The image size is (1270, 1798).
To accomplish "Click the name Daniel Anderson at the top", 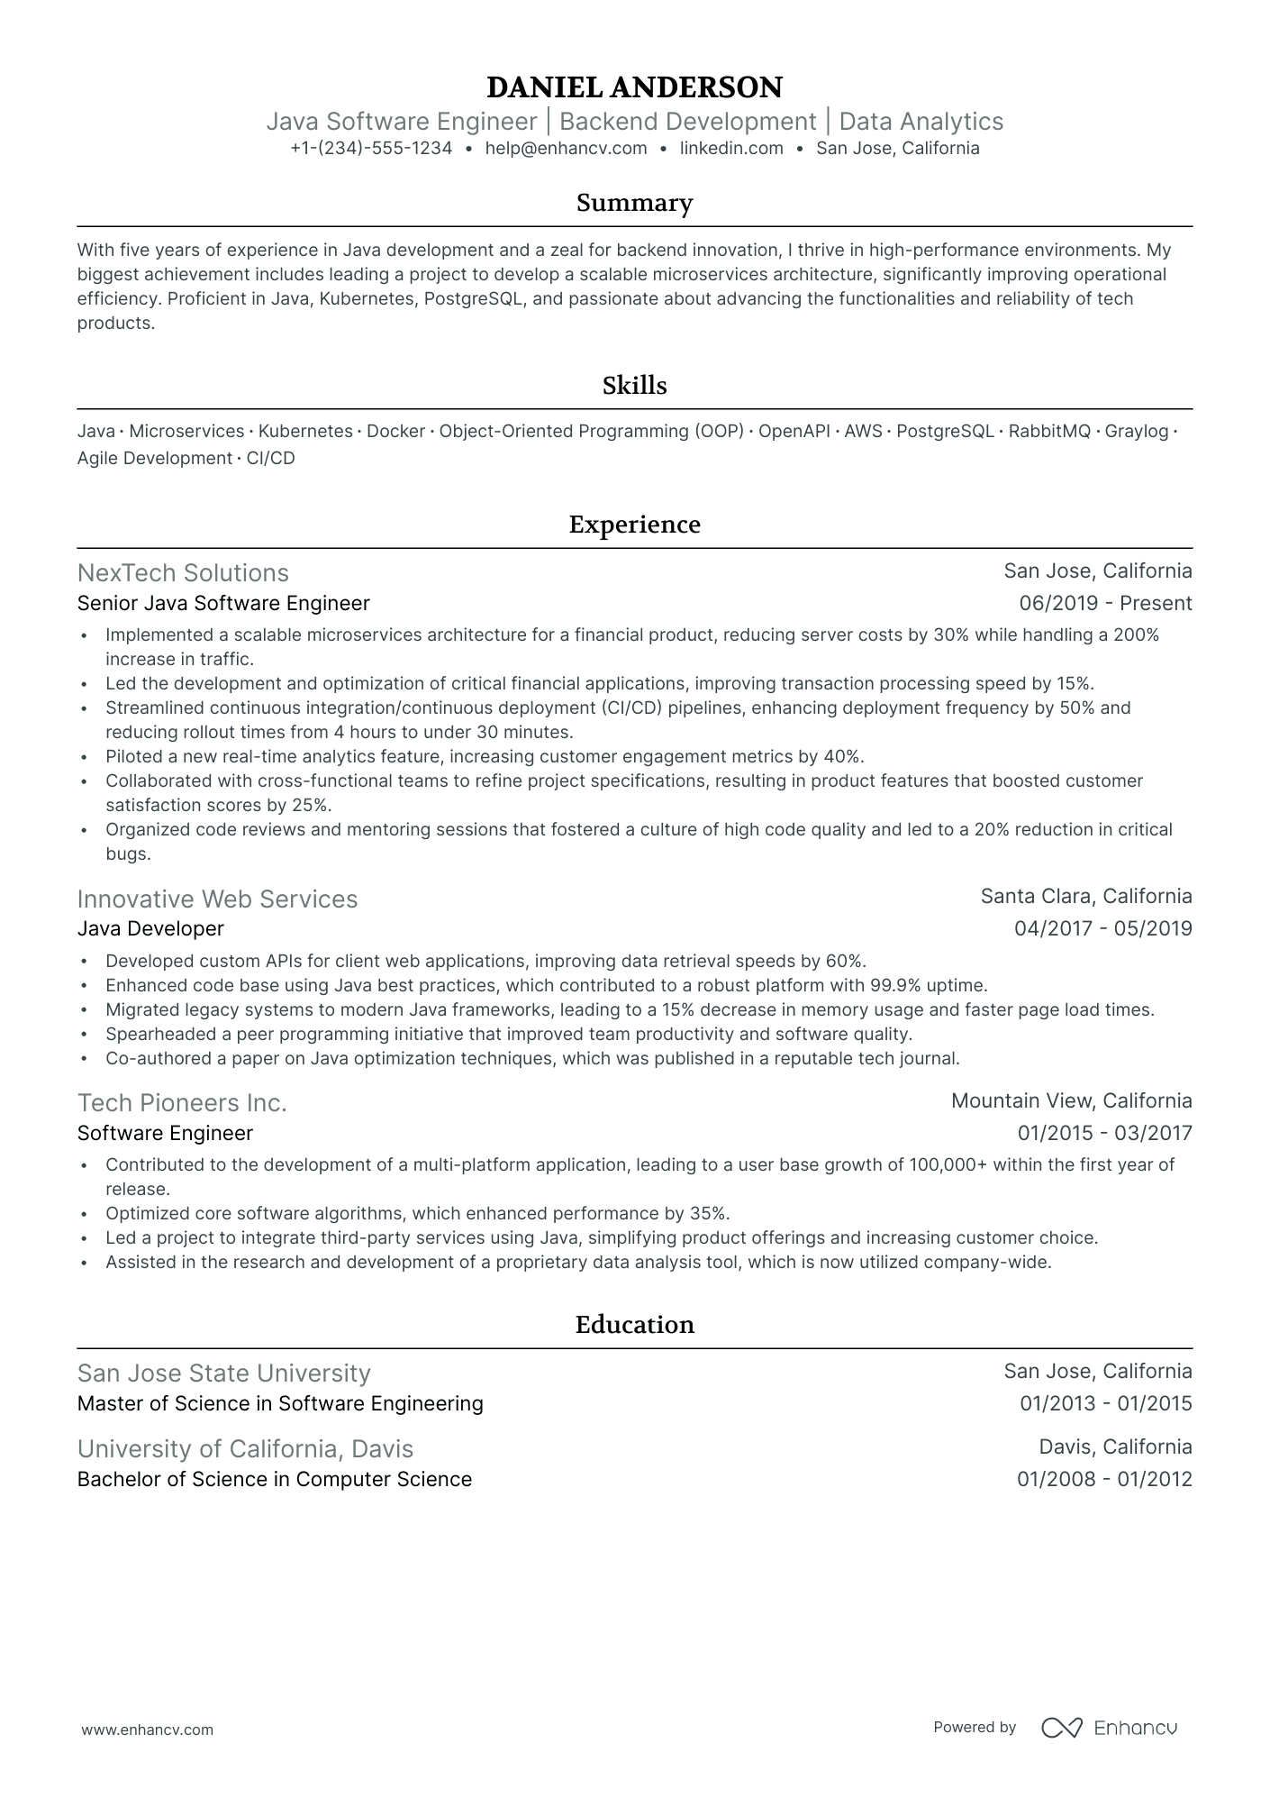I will coord(634,87).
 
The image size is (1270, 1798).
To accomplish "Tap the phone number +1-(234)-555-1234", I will coord(371,149).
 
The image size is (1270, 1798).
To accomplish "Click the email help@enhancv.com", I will coord(566,149).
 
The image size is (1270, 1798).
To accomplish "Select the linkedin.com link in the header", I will coord(731,149).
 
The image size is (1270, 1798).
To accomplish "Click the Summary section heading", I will coord(634,203).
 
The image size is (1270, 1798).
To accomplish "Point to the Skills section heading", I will coord(634,386).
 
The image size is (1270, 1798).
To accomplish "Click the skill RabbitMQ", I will coord(1049,432).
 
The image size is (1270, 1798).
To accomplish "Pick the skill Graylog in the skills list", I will coord(1136,432).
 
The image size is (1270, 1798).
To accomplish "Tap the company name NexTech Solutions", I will coord(183,573).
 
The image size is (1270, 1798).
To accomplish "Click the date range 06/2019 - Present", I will coord(1105,604).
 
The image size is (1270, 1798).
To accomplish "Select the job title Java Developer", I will coord(150,929).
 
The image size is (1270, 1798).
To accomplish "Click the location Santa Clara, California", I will coord(1085,897).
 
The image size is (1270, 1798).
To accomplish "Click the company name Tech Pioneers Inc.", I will coord(182,1103).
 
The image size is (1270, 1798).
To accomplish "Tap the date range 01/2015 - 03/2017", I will coord(1104,1134).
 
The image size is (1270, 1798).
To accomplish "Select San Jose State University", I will coord(223,1374).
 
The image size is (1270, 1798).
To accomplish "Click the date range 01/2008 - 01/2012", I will coord(1104,1480).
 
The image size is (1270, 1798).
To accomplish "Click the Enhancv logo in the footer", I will coord(1109,1728).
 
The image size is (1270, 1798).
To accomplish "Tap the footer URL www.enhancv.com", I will coord(148,1730).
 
